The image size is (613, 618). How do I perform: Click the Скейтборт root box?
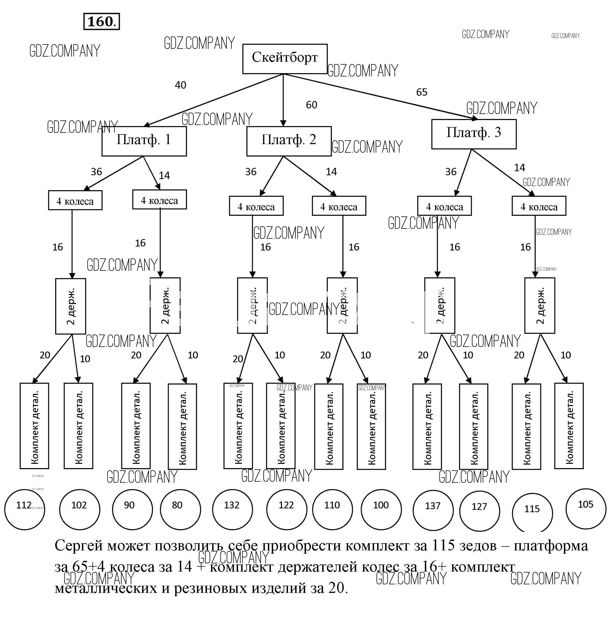[285, 59]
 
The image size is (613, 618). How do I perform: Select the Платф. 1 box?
[144, 141]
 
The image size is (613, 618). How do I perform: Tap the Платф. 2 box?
[289, 141]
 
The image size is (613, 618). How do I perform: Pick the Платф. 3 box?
[474, 134]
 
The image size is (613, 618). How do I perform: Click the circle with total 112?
[25, 510]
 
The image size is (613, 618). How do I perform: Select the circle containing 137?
[433, 510]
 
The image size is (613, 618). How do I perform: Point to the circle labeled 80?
[180, 510]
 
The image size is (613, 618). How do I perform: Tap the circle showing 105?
[585, 509]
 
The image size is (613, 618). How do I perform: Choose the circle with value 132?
[232, 510]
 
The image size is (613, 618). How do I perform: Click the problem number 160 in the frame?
[101, 22]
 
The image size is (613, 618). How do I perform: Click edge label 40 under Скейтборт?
[180, 85]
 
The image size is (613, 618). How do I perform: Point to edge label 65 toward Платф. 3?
[422, 92]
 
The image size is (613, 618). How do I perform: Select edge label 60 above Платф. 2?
[311, 105]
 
